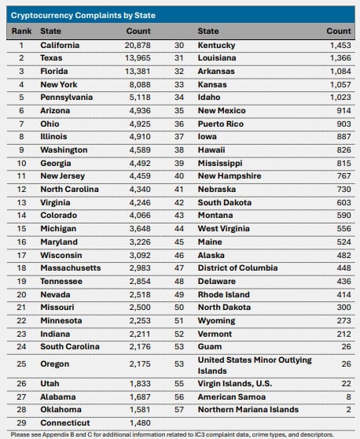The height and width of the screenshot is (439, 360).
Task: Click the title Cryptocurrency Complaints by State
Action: pos(83,16)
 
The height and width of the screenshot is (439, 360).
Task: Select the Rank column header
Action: pos(21,31)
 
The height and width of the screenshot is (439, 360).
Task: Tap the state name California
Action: pos(60,45)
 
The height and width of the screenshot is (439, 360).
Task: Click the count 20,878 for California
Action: pos(138,45)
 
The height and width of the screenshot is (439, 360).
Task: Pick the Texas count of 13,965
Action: pos(138,58)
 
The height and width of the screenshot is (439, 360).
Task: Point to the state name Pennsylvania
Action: pos(67,98)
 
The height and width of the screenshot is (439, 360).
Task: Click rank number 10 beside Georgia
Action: pos(21,163)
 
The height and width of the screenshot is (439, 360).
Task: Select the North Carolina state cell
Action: pos(70,190)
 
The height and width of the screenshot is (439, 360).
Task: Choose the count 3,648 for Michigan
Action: pos(140,229)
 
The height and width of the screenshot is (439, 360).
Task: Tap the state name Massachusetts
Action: pos(71,268)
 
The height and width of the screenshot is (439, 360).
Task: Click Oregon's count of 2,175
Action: pos(140,364)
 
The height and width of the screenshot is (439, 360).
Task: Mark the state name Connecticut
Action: pos(65,422)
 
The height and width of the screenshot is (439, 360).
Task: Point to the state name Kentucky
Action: pos(216,46)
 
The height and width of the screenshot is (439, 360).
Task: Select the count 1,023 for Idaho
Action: pos(340,97)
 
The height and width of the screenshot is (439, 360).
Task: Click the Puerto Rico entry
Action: pos(221,124)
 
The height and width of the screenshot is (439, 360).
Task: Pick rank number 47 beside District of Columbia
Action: pos(179,268)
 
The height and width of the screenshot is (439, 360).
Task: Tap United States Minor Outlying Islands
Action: pos(255,365)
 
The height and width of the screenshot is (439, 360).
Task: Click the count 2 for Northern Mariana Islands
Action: pos(348,410)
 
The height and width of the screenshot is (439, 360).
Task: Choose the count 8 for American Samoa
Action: pos(348,397)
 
